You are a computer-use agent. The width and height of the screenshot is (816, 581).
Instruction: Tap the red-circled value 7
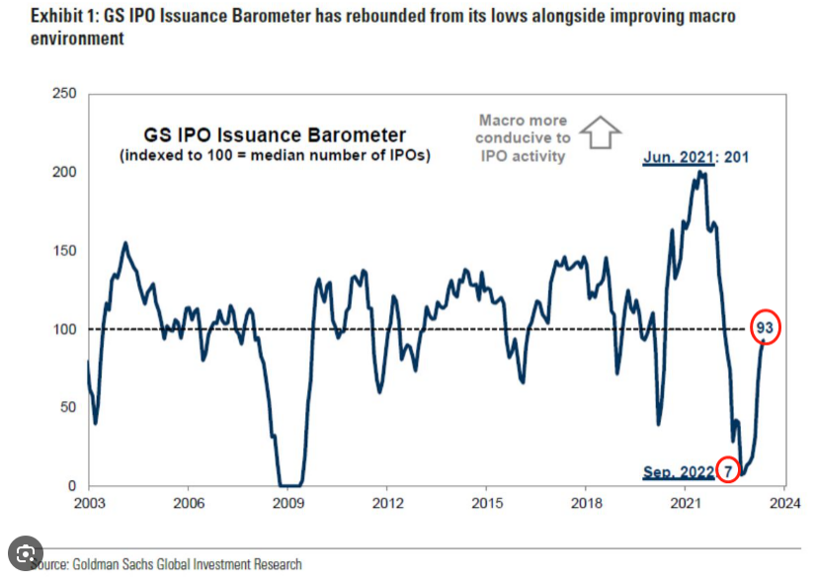728,470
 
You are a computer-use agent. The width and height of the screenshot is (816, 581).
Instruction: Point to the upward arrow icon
599,133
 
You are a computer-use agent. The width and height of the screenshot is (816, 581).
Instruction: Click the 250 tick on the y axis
64,94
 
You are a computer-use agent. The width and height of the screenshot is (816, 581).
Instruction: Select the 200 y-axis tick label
64,172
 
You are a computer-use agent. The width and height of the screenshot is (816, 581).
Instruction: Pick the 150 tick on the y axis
64,250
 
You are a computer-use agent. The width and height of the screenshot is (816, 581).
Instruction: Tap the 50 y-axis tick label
68,407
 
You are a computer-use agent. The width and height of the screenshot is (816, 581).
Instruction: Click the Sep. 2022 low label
678,471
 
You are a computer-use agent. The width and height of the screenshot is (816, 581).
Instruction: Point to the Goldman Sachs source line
168,564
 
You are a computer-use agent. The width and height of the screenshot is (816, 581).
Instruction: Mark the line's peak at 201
700,172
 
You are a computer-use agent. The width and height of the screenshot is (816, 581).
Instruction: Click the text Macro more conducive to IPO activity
525,137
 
